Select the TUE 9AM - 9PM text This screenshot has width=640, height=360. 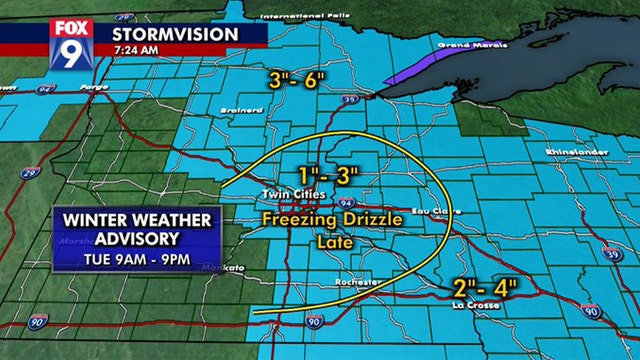[x=136, y=262]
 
